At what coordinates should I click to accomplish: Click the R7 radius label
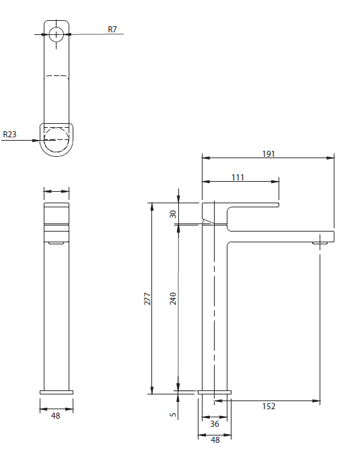(x=112, y=30)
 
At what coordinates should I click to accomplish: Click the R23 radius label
(x=9, y=135)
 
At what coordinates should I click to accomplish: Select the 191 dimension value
(x=268, y=153)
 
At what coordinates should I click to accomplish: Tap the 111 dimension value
(x=238, y=177)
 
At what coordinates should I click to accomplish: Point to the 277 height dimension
(x=147, y=299)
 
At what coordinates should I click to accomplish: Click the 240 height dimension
(x=173, y=299)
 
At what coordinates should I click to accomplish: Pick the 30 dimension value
(x=173, y=214)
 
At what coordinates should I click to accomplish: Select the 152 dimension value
(x=268, y=407)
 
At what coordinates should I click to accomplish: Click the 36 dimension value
(x=215, y=424)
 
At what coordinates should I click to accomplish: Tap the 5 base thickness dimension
(x=173, y=415)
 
